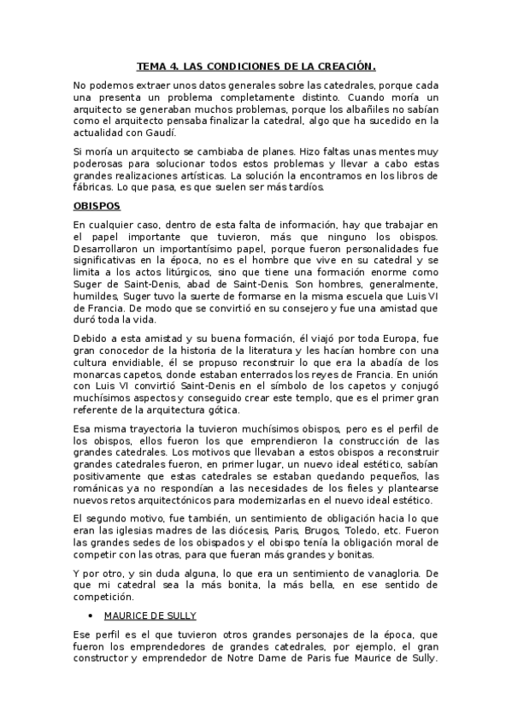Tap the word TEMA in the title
click(x=154, y=65)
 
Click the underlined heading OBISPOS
click(x=97, y=207)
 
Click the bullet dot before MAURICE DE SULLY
click(x=90, y=615)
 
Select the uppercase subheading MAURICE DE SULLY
click(x=151, y=615)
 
